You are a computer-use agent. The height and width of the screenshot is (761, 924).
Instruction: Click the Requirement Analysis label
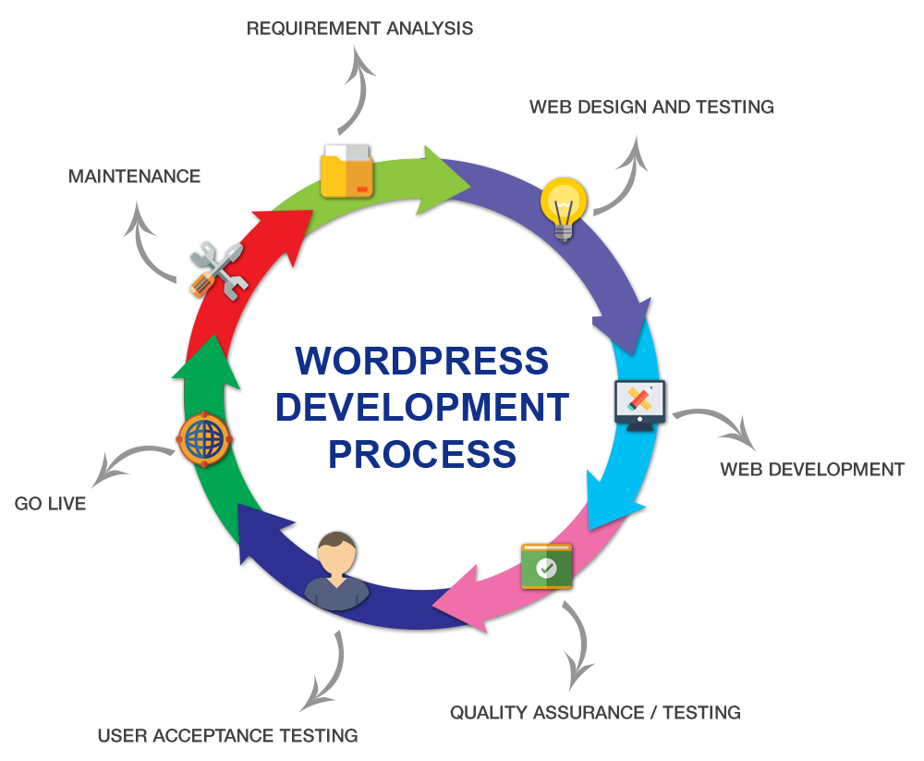point(359,29)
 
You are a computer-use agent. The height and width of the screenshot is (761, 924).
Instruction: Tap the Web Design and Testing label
point(651,107)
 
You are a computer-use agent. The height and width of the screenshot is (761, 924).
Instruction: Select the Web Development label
point(812,470)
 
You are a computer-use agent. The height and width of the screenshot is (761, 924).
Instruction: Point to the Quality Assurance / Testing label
point(595,713)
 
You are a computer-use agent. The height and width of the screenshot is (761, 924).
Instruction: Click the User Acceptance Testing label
point(227,737)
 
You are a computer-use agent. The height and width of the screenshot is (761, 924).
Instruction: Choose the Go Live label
point(50,504)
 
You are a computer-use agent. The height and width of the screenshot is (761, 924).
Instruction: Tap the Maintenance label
point(135,177)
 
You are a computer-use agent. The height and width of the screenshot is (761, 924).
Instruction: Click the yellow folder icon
point(346,171)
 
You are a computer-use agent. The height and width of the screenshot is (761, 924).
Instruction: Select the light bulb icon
point(563,207)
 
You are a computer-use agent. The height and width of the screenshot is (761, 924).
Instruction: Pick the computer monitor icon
point(639,405)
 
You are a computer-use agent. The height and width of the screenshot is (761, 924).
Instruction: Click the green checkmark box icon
point(546,566)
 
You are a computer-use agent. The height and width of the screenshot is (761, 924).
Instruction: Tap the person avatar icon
point(336,571)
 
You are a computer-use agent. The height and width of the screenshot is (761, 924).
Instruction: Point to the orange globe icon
point(202,438)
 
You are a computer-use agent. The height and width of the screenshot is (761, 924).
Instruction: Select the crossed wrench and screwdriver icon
point(218,270)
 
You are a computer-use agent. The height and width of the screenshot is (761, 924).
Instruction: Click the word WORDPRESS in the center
point(421,361)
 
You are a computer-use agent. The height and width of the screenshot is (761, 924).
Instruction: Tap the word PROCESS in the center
point(422,454)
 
